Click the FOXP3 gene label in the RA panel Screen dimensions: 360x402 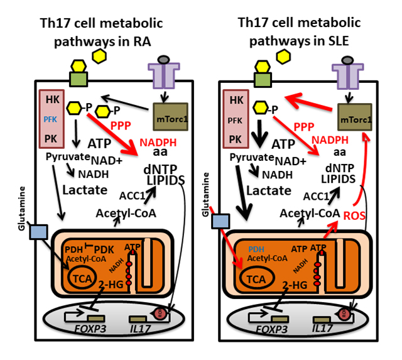click(x=84, y=328)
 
